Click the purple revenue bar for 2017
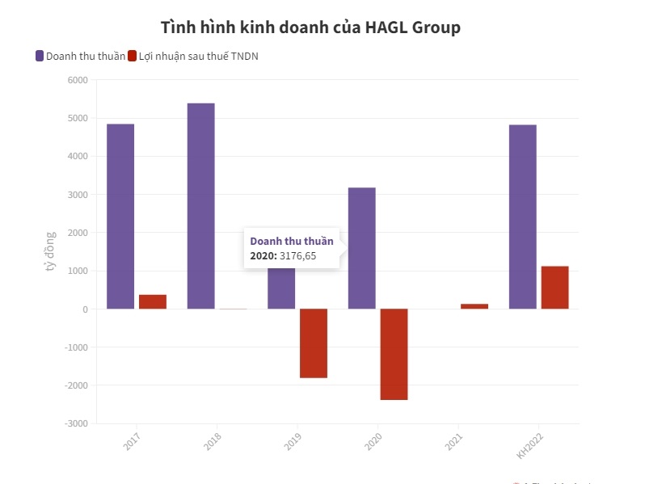coord(120,216)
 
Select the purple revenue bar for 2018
coord(200,205)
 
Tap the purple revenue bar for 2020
coord(361,248)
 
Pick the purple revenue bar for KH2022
coord(522,217)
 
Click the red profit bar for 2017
coord(152,301)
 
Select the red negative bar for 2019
coord(314,343)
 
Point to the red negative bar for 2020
coord(394,354)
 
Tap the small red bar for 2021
coord(474,306)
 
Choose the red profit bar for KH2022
coord(554,287)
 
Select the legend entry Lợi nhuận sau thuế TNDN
coord(202,56)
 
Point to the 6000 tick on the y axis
coord(78,80)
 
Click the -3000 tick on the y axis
coord(76,423)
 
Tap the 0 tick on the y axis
coord(84,309)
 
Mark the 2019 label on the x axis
coord(292,440)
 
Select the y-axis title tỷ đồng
coord(50,251)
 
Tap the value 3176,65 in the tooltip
coord(297,255)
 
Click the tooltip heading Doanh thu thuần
coord(292,241)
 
